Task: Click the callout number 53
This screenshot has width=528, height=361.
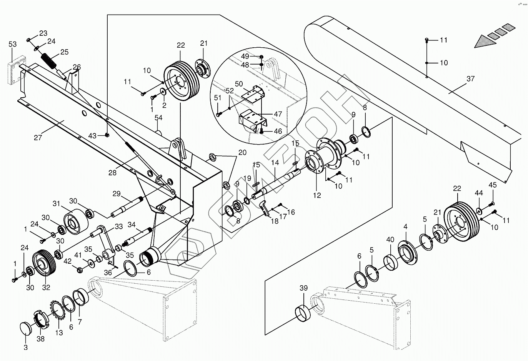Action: pyautogui.click(x=13, y=45)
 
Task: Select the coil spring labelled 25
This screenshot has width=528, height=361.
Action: pyautogui.click(x=49, y=60)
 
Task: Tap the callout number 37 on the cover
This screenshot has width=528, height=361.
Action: pyautogui.click(x=470, y=79)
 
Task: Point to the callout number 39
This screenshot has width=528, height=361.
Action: pyautogui.click(x=304, y=288)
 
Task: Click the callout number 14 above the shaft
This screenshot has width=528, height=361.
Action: pyautogui.click(x=275, y=163)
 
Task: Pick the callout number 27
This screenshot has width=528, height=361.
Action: pyautogui.click(x=38, y=138)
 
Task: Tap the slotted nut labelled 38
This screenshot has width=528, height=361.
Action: pyautogui.click(x=41, y=319)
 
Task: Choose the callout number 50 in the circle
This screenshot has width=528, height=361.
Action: pyautogui.click(x=238, y=84)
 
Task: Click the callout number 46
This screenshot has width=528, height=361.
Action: pyautogui.click(x=278, y=131)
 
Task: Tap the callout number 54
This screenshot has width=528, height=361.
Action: pyautogui.click(x=158, y=118)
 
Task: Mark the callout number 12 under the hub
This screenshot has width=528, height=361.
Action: pyautogui.click(x=316, y=195)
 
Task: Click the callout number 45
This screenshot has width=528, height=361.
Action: pyautogui.click(x=493, y=185)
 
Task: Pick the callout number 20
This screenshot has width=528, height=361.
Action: pyautogui.click(x=242, y=152)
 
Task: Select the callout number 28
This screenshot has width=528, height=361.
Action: pyautogui.click(x=112, y=173)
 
